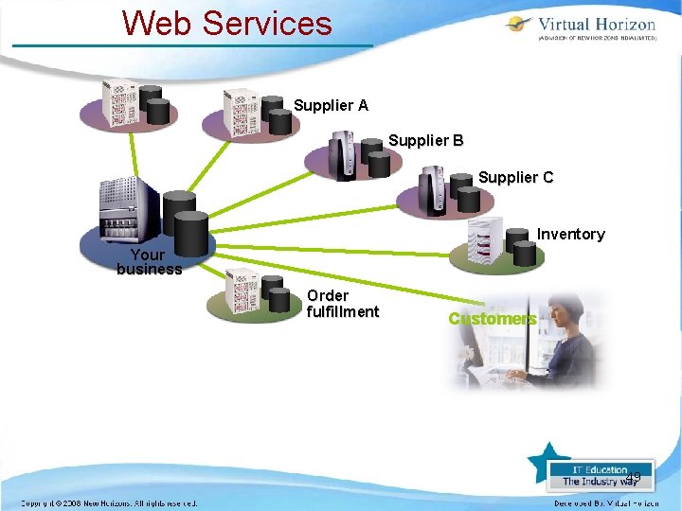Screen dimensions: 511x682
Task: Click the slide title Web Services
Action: point(227,23)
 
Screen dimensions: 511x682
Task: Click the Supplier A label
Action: point(331,106)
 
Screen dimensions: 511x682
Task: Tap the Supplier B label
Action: point(425,141)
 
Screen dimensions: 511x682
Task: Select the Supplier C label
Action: point(515,178)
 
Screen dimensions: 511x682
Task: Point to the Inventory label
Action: point(570,235)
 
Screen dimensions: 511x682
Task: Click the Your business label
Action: point(149,262)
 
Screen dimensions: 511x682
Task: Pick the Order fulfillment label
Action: point(342,304)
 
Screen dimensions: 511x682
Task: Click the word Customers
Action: point(492,319)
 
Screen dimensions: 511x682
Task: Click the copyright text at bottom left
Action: point(109,502)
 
